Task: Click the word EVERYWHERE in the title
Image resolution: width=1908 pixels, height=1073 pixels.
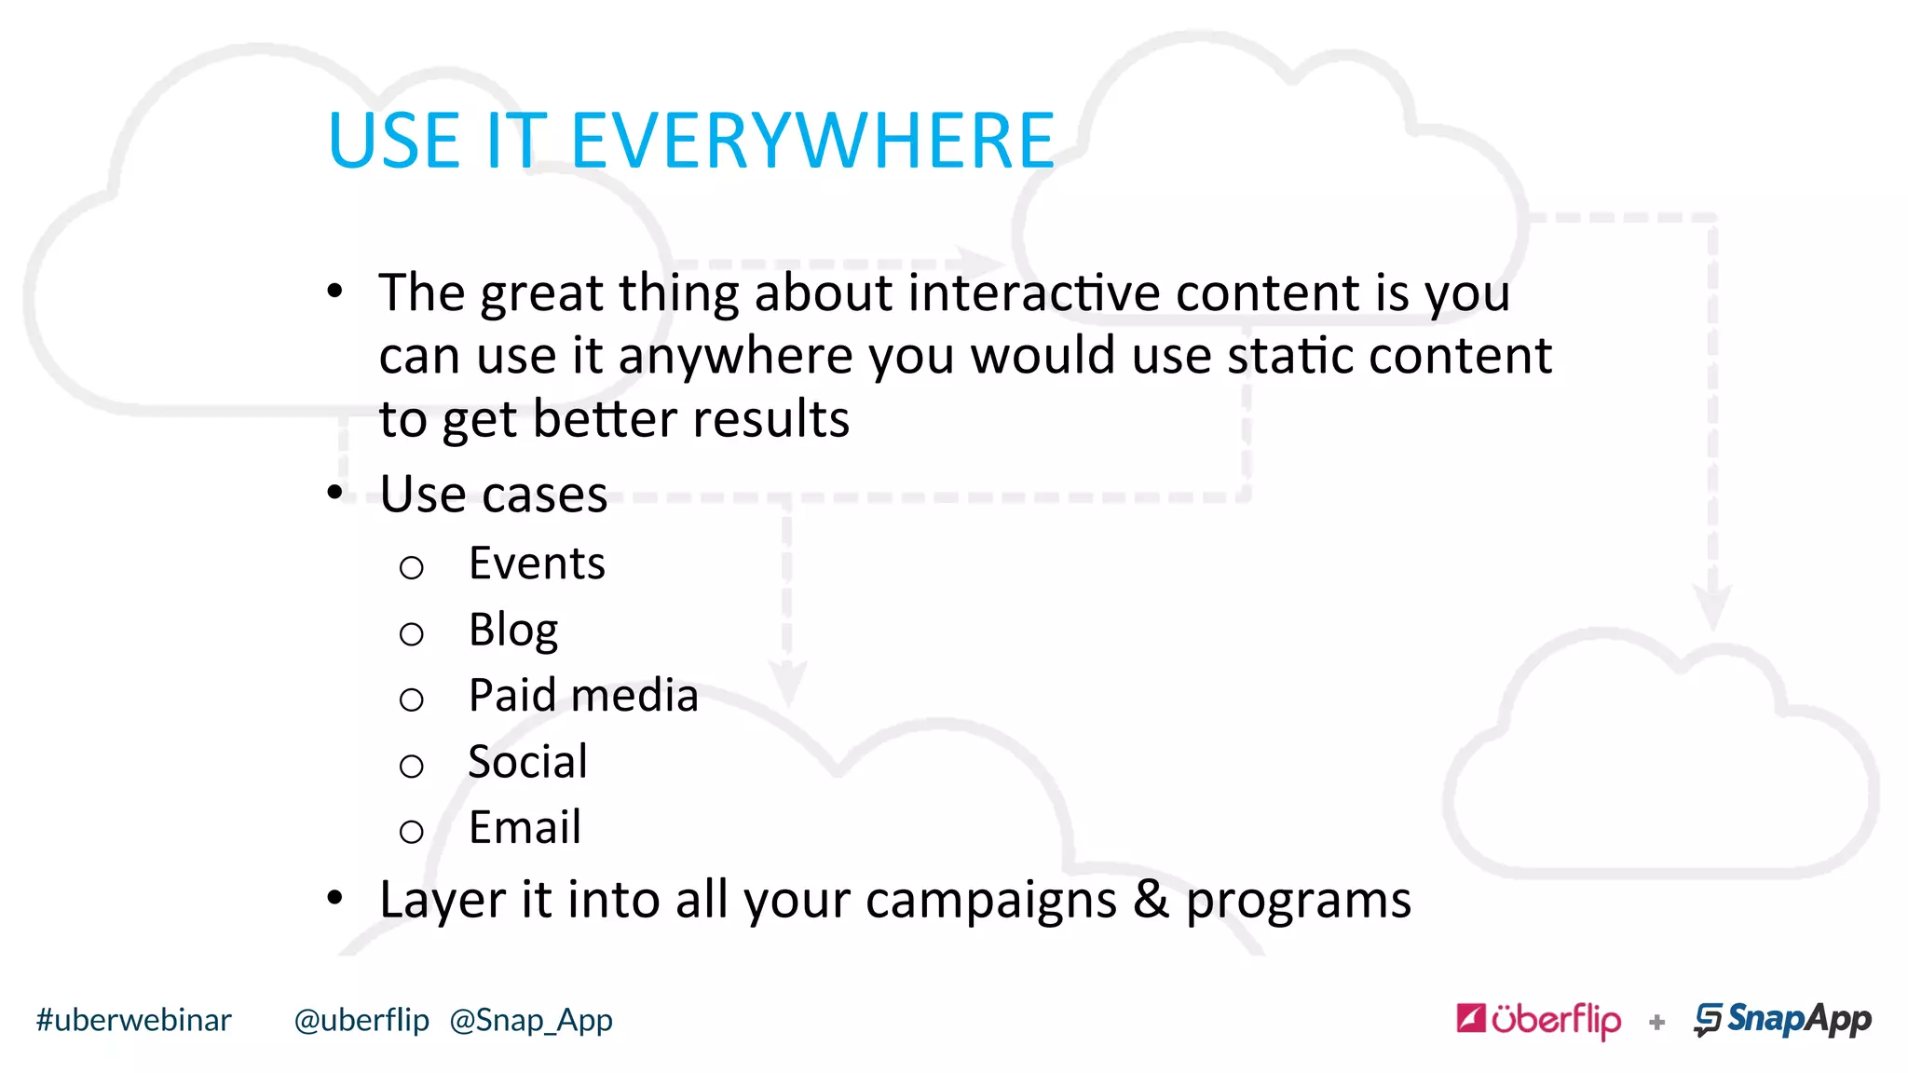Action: pos(812,142)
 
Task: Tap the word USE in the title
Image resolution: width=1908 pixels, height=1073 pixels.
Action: pos(393,142)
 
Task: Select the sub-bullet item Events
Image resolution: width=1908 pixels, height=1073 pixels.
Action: pos(537,564)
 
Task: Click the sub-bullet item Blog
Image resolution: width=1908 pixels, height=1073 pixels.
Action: pos(513,631)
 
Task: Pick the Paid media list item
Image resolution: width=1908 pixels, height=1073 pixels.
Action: pos(583,696)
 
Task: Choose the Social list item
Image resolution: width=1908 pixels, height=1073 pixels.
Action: pos(527,762)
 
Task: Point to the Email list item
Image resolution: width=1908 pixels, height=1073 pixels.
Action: pos(525,827)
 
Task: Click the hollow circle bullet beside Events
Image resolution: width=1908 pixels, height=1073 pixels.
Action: pos(411,567)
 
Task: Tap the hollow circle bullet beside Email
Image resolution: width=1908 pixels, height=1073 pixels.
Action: pos(411,831)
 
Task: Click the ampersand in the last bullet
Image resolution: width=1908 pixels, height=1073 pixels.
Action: pos(1151,900)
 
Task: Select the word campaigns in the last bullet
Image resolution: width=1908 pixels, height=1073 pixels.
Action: pos(990,902)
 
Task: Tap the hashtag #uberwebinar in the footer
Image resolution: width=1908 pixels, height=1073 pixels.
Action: pos(133,1020)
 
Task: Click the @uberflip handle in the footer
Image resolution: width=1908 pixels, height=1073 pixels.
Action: pos(361,1020)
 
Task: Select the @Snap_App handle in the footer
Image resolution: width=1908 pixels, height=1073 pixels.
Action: pos(531,1021)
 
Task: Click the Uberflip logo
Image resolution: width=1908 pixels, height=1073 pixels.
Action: pos(1538,1020)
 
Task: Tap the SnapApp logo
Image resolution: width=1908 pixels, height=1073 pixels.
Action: pos(1782,1020)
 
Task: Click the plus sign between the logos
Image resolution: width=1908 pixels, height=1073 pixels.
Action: pos(1656,1023)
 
